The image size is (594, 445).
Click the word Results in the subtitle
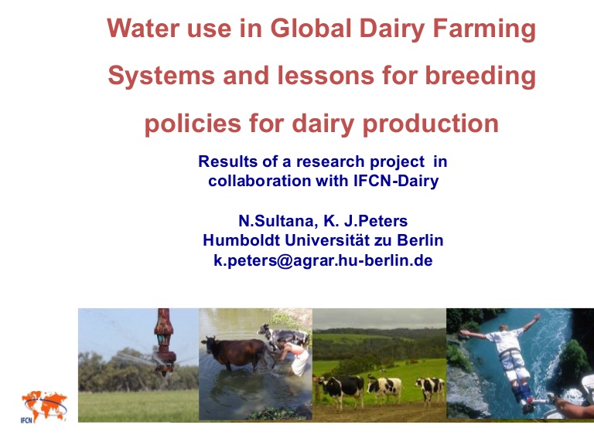227,162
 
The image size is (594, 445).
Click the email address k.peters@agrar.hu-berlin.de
323,260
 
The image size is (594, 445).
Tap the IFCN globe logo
43,406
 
